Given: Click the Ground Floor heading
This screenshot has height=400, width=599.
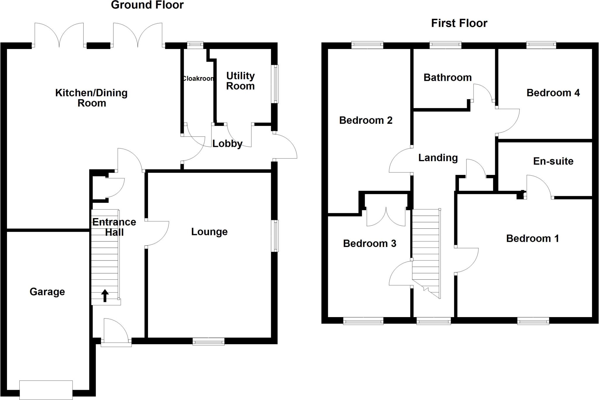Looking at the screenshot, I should tap(147, 5).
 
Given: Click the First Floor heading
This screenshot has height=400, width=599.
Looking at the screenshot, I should tap(459, 23).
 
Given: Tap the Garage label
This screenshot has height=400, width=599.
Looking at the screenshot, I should tap(47, 292).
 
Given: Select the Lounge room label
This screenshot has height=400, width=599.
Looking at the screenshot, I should tap(209, 232).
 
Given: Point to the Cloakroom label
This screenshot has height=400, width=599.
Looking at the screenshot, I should tap(198, 79).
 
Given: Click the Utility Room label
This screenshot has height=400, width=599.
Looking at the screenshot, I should tap(240, 81).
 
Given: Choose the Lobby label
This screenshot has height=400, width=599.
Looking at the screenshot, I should tap(227, 144).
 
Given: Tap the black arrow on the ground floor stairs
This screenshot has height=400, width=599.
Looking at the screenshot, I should tap(105, 295).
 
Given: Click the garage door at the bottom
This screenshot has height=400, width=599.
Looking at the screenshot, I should tap(46, 390).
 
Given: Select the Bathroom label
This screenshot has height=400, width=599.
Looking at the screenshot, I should tap(447, 77).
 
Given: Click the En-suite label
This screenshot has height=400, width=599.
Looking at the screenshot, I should tap(553, 161).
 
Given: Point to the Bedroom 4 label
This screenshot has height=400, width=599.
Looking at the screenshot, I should tap(553, 93).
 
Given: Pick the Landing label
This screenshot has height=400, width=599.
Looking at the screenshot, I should tap(438, 158).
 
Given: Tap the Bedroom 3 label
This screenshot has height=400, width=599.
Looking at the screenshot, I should tap(369, 243).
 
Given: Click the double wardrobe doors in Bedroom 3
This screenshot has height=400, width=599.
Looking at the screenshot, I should tap(386, 217).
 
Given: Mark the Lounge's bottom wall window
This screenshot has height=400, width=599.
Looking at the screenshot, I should tap(209, 341).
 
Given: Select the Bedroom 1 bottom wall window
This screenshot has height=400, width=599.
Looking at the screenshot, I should tap(533, 321).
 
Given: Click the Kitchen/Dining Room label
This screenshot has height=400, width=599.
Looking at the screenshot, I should tap(91, 98).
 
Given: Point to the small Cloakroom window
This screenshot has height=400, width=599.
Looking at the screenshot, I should tap(195, 44).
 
